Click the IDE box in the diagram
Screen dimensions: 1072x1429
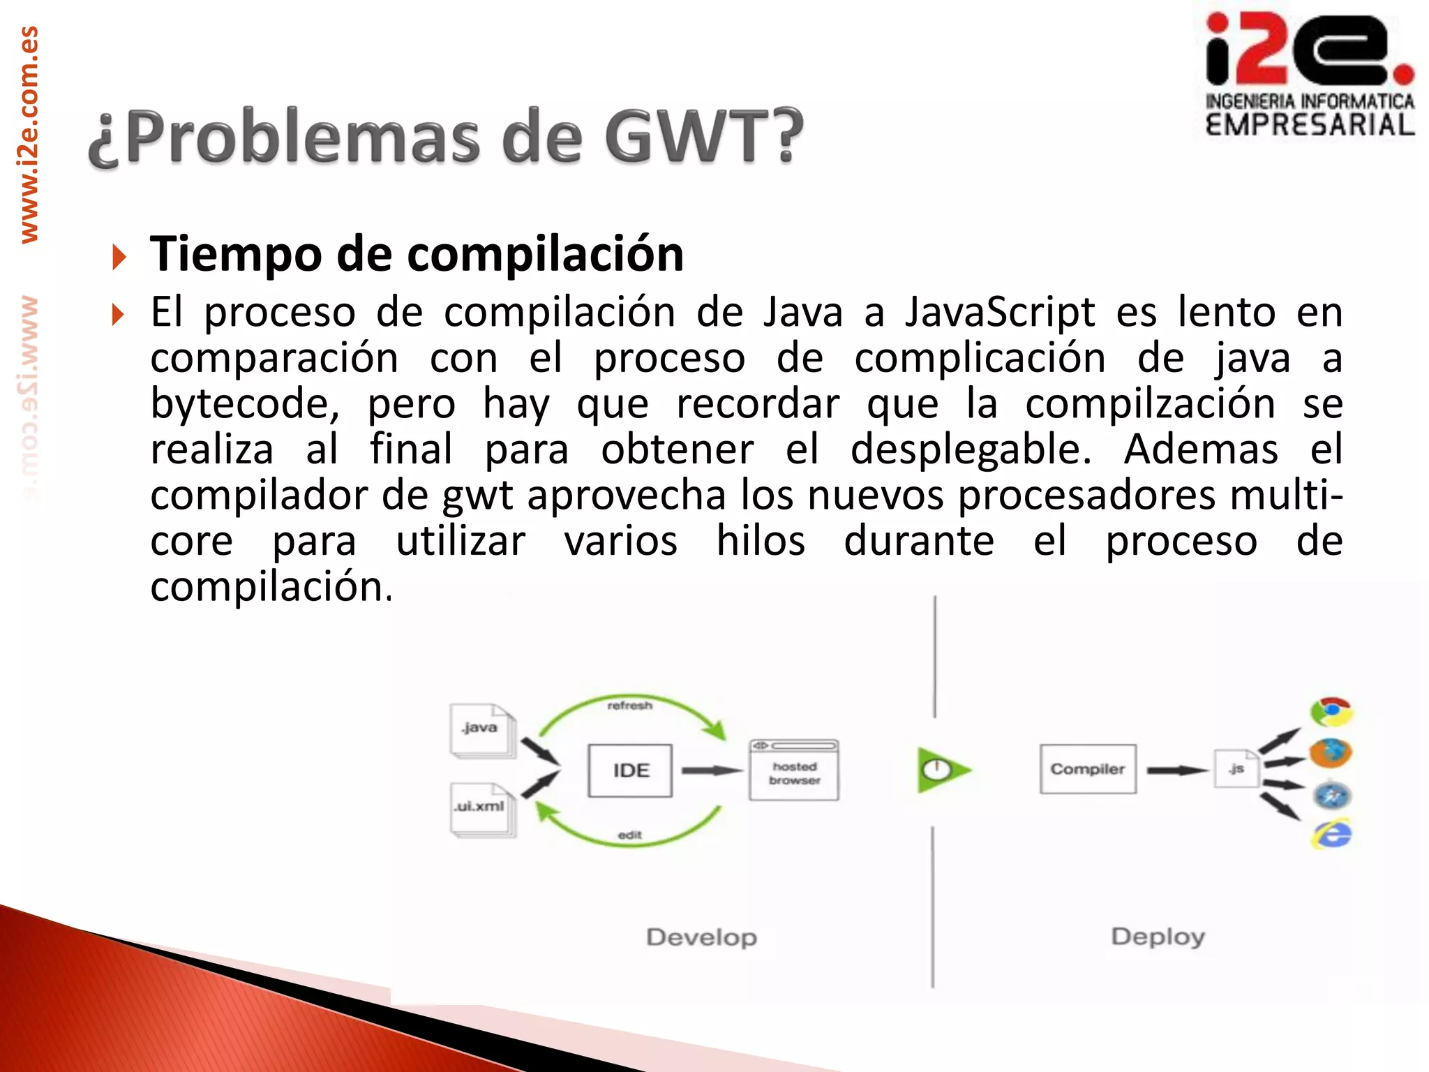click(x=630, y=770)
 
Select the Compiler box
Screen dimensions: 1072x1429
click(x=1087, y=769)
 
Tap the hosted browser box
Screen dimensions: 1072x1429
click(x=794, y=770)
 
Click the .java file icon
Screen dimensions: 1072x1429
click(x=481, y=730)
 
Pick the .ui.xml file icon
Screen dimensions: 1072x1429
click(x=481, y=808)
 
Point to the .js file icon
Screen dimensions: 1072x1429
click(x=1236, y=769)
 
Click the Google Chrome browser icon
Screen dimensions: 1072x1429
click(x=1331, y=713)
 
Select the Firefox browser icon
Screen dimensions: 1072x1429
click(x=1330, y=753)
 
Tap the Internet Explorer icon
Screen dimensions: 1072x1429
click(x=1331, y=835)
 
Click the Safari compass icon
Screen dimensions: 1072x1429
click(x=1331, y=796)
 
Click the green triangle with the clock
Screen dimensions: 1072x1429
click(x=941, y=770)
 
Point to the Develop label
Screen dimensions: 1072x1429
click(x=701, y=937)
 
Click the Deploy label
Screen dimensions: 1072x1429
click(x=1158, y=937)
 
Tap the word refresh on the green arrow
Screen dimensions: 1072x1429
click(x=629, y=706)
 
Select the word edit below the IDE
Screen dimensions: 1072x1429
click(x=629, y=835)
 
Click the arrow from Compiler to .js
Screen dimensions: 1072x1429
click(x=1176, y=770)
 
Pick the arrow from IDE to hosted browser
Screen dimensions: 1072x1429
click(x=710, y=770)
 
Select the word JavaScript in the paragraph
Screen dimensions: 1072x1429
click(x=1000, y=312)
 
